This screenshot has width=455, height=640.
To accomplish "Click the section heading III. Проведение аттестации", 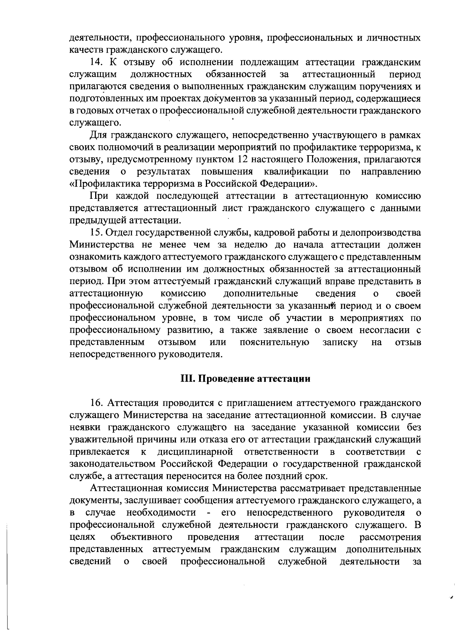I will click(245, 379).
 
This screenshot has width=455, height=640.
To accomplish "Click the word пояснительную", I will click(274, 342).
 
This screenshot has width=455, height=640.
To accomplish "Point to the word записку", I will click(340, 342).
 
